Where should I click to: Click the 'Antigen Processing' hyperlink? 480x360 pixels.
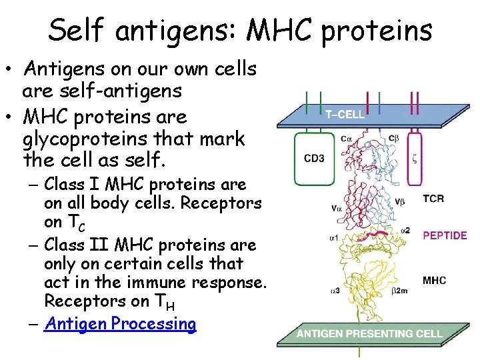[120, 324]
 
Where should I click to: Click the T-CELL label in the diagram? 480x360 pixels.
[345, 114]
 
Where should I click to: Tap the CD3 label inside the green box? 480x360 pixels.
[315, 159]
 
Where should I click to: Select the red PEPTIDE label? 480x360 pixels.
[445, 235]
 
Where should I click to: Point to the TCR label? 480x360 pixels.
[433, 199]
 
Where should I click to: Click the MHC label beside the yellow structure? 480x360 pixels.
[434, 280]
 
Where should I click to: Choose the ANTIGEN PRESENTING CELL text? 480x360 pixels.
[369, 333]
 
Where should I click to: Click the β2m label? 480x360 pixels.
[399, 290]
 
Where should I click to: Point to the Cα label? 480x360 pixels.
[347, 139]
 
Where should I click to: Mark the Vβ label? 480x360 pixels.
[400, 200]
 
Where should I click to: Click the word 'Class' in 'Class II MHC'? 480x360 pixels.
[69, 226]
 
